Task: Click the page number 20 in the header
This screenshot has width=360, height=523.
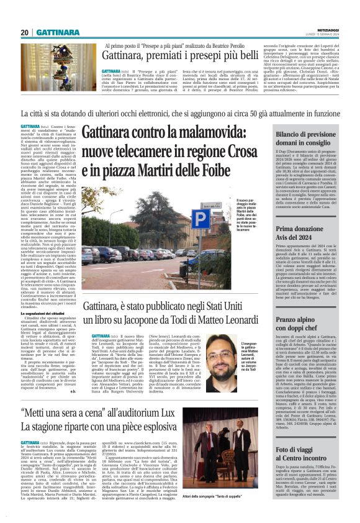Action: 25,33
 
